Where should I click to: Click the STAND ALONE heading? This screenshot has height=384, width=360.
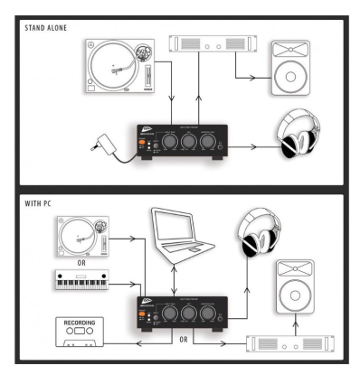pyautogui.click(x=47, y=28)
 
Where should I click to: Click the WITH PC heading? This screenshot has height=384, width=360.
pyautogui.click(x=38, y=204)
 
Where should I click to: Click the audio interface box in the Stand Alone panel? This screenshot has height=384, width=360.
pyautogui.click(x=181, y=143)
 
